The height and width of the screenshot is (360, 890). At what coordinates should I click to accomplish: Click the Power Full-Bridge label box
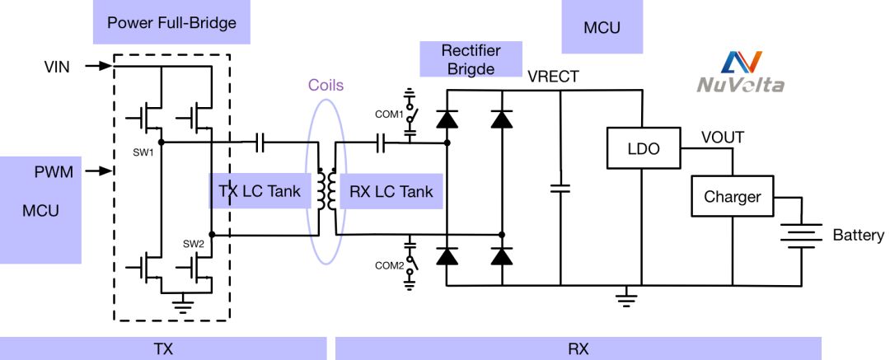(x=171, y=22)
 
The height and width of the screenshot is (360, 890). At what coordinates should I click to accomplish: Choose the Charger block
(x=732, y=198)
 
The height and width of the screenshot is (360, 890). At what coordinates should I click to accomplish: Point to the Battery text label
(x=858, y=236)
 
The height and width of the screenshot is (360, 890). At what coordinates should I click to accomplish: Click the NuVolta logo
(x=740, y=72)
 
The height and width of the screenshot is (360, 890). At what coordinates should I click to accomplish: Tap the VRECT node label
(x=554, y=77)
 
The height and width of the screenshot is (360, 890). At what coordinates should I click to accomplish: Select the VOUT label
(x=723, y=137)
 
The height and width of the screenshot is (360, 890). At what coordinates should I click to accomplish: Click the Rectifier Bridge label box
(x=472, y=59)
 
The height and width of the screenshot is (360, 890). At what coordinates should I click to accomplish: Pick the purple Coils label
(x=326, y=85)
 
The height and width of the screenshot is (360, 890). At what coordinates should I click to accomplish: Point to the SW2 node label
(x=194, y=245)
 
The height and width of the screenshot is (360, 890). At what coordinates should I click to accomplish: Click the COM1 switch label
(x=389, y=114)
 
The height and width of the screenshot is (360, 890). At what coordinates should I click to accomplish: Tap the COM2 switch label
(x=388, y=265)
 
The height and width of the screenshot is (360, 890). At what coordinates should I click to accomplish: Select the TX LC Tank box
(x=259, y=192)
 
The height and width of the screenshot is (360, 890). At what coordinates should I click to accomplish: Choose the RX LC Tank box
(x=391, y=192)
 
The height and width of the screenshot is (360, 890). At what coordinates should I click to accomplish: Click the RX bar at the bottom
(x=578, y=348)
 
